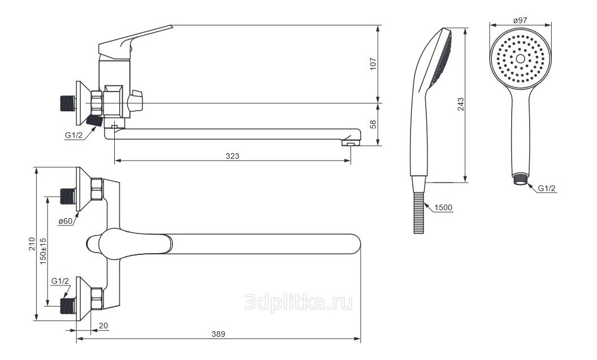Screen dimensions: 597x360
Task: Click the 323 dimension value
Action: pos(232,156)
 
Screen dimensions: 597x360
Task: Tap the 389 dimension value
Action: pos(218,334)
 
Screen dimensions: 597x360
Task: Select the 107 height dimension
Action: pos(373,63)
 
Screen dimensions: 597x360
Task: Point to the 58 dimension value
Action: pos(373,124)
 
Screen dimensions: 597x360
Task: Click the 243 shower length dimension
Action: pos(461,105)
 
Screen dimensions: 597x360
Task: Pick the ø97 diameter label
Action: pos(520,20)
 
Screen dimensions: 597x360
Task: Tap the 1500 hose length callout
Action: pos(443,207)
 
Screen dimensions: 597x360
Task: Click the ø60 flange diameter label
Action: pos(65,221)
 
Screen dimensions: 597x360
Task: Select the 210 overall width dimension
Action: pos(32,244)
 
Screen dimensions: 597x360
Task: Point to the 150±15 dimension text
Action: pos(43,251)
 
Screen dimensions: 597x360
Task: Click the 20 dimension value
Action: pos(103,326)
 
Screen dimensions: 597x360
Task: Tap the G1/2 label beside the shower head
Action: pos(547,188)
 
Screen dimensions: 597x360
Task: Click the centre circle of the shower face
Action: pos(520,58)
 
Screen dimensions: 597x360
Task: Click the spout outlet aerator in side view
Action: pos(351,144)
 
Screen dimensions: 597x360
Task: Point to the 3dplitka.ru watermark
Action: pos(298,302)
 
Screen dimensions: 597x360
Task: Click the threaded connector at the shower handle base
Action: pos(520,179)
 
